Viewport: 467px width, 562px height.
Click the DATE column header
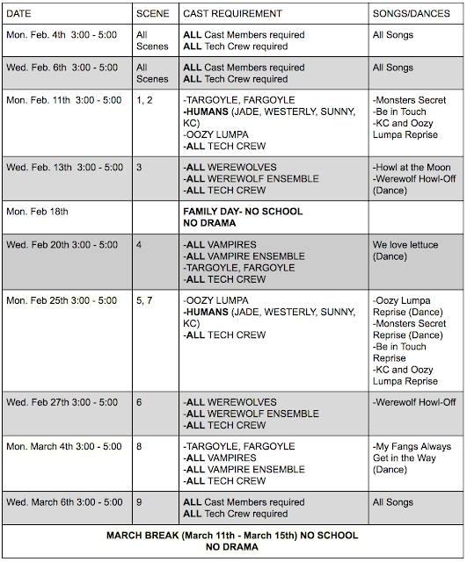[20, 13]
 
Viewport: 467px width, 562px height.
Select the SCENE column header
[153, 13]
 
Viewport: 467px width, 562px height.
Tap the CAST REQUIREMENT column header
[232, 13]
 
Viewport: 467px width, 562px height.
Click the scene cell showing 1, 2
[144, 100]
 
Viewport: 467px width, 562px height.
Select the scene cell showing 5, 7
[144, 300]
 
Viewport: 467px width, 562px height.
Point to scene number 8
[140, 446]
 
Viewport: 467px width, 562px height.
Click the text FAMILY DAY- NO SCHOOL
[243, 212]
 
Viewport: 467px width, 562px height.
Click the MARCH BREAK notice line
[232, 535]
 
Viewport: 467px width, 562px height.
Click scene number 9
[140, 502]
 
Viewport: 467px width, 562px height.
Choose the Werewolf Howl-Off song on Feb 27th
[413, 402]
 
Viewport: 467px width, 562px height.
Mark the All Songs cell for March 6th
[392, 502]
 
